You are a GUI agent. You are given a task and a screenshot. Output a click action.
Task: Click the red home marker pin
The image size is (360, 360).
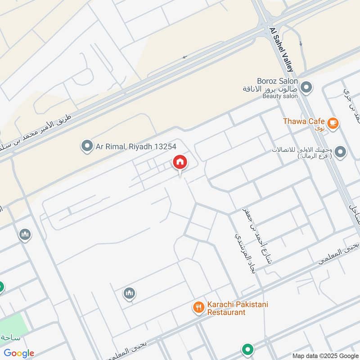180,163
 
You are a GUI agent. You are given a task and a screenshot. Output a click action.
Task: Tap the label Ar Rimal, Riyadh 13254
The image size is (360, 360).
135,146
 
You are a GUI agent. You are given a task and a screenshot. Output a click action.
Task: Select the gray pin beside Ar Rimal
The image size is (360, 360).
86,146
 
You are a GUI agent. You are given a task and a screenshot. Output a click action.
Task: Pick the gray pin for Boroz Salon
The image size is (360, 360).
306,87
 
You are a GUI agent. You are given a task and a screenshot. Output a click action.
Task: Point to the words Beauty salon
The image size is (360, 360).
280,96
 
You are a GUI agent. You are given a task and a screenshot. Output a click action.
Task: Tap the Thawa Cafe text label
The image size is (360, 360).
304,121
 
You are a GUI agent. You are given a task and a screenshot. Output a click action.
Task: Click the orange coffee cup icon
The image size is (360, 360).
333,122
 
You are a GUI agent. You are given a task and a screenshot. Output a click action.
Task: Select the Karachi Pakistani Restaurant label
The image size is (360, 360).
237,308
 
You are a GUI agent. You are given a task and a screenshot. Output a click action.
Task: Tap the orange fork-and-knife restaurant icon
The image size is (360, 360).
198,308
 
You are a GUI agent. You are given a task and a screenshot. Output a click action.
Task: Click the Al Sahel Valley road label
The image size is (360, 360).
281,49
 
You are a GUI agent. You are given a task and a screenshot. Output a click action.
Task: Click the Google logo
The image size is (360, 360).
19,353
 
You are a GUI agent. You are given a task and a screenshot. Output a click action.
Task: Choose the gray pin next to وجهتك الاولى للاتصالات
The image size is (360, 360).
340,152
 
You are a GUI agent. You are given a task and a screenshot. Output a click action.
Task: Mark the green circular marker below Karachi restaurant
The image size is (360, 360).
247,349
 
